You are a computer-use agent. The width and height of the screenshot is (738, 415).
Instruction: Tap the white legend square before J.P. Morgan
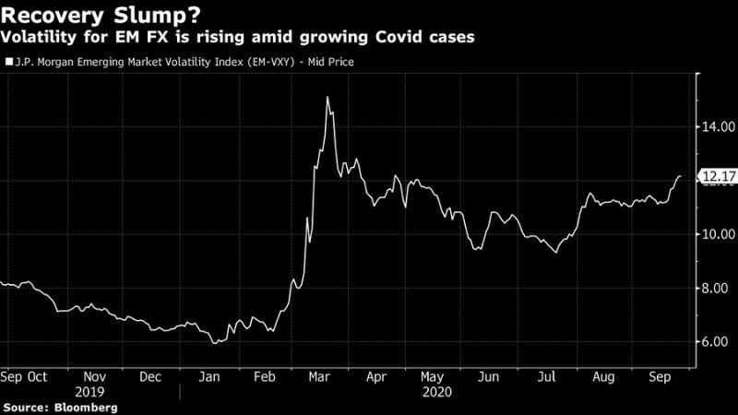[8, 63]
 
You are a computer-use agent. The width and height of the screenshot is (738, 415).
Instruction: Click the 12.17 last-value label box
[717, 177]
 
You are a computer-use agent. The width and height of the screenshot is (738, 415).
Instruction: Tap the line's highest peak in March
[328, 97]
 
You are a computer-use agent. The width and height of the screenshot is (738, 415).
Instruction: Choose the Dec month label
[153, 377]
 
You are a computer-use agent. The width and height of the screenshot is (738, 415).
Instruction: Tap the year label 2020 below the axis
[433, 390]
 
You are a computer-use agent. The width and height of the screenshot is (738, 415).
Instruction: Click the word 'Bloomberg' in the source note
[89, 406]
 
